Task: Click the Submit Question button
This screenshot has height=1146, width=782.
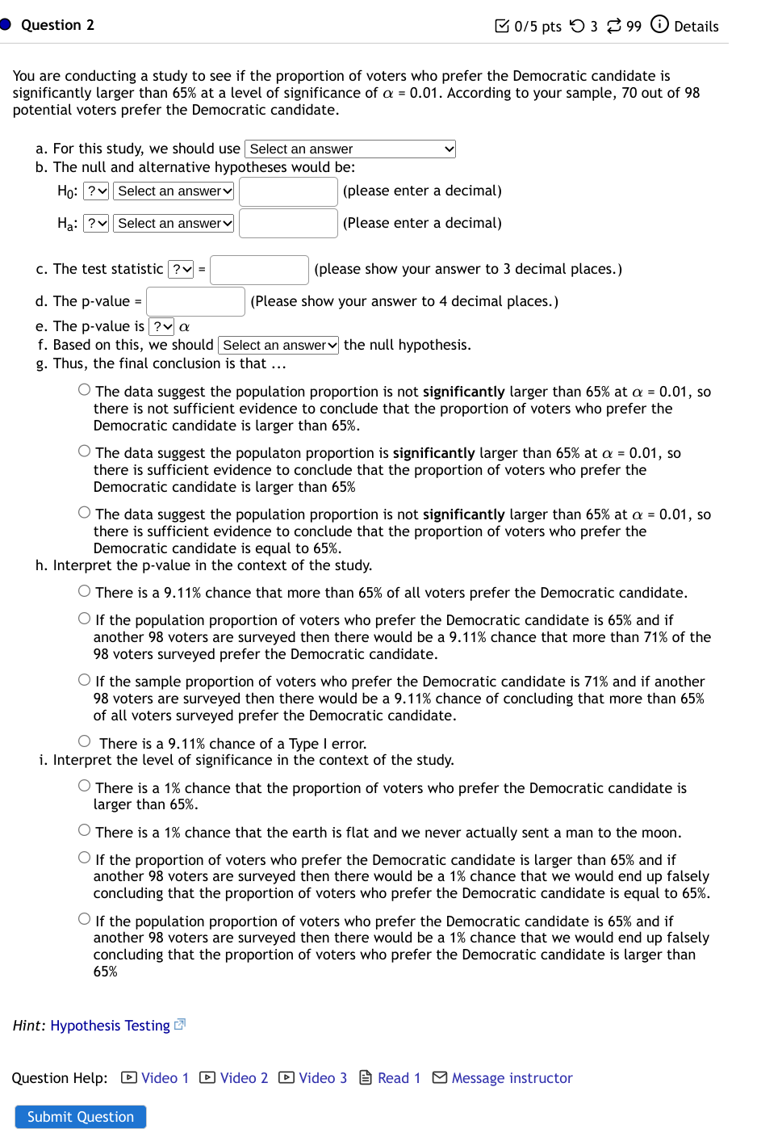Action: tap(80, 1116)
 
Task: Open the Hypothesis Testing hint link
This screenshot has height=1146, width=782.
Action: tap(110, 1025)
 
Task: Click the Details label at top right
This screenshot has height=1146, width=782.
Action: tap(695, 26)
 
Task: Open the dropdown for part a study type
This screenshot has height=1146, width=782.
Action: tap(350, 149)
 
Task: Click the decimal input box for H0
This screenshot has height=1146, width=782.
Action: tap(288, 191)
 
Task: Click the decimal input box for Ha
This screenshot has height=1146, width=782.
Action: tap(288, 223)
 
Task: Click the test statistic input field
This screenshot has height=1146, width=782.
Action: tap(259, 270)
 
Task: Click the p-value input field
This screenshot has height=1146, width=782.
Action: tap(195, 301)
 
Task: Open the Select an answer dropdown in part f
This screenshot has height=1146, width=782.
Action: tap(278, 345)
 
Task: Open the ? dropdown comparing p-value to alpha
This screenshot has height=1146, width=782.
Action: tap(162, 326)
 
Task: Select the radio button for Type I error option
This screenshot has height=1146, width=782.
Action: tap(85, 741)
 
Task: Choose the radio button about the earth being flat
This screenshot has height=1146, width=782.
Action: tap(85, 830)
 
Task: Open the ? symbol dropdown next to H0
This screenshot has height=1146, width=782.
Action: tap(96, 191)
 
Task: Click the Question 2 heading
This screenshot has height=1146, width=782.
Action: tap(57, 25)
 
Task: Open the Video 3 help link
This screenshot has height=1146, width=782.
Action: tap(313, 1077)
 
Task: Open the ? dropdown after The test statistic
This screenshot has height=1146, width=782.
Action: tap(181, 270)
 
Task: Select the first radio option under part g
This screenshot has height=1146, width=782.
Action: tap(85, 390)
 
